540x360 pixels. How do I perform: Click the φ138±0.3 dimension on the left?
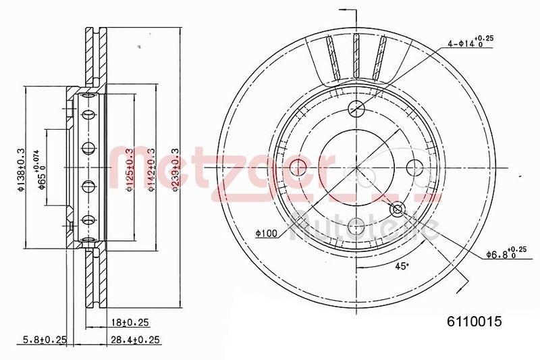(21, 170)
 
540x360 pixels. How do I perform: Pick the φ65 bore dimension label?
(43, 170)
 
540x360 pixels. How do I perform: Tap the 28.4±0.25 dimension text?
(130, 339)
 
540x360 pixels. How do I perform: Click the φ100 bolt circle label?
(266, 233)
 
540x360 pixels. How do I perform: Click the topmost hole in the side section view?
(87, 114)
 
